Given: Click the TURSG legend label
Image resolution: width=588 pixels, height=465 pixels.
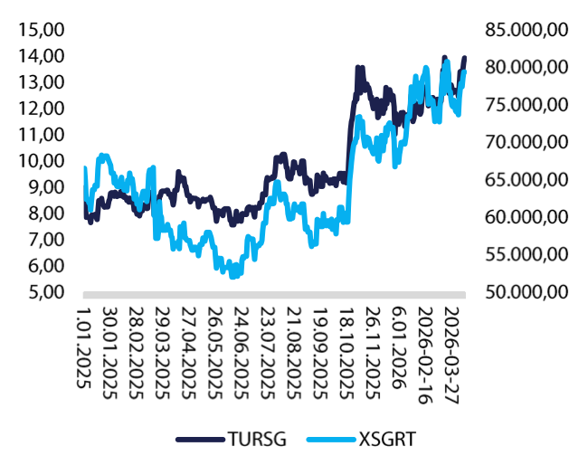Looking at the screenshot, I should pyautogui.click(x=257, y=441).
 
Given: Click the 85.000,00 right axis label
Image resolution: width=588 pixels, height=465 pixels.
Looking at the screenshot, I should pyautogui.click(x=526, y=29).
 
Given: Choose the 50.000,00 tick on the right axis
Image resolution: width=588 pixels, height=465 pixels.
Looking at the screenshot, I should pyautogui.click(x=526, y=292).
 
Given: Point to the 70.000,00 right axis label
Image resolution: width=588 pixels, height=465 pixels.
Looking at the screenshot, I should pyautogui.click(x=526, y=142).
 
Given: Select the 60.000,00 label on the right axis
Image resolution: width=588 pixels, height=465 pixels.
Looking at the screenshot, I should pyautogui.click(x=526, y=217).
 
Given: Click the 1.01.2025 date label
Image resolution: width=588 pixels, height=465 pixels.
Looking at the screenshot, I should pyautogui.click(x=87, y=347).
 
